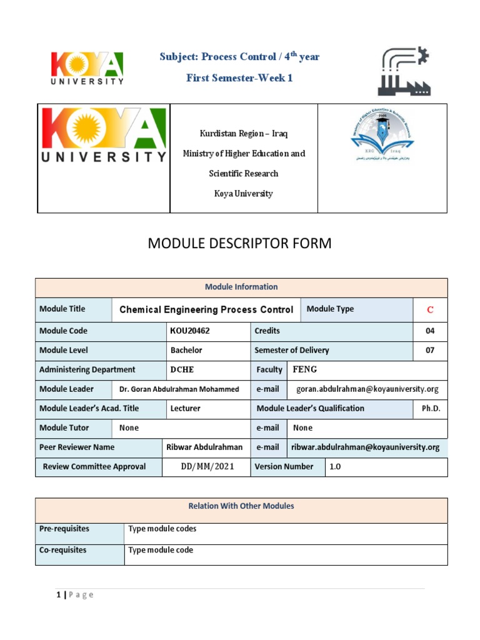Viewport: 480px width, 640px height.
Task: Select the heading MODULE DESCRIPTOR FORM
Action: (x=239, y=244)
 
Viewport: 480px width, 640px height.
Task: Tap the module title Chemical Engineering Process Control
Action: (x=206, y=309)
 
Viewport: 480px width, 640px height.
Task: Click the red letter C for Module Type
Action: (x=429, y=310)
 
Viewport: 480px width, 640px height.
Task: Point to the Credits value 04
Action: (x=430, y=331)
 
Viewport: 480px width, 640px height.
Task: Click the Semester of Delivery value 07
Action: (x=430, y=351)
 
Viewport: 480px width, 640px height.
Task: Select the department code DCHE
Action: (x=182, y=369)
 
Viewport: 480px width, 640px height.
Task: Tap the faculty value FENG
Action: (x=305, y=369)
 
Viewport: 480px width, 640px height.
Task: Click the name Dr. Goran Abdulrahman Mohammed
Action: (x=179, y=389)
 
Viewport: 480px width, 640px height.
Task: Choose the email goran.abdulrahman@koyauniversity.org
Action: (x=367, y=389)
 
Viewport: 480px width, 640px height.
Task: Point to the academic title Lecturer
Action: (x=186, y=409)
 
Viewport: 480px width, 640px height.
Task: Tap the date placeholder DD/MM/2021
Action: (x=206, y=467)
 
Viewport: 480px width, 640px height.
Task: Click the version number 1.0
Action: (x=336, y=467)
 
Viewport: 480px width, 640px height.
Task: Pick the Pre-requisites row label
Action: (x=64, y=529)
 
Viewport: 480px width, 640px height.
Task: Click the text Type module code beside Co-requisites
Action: (x=161, y=551)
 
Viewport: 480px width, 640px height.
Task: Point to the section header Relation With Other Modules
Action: (x=241, y=506)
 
